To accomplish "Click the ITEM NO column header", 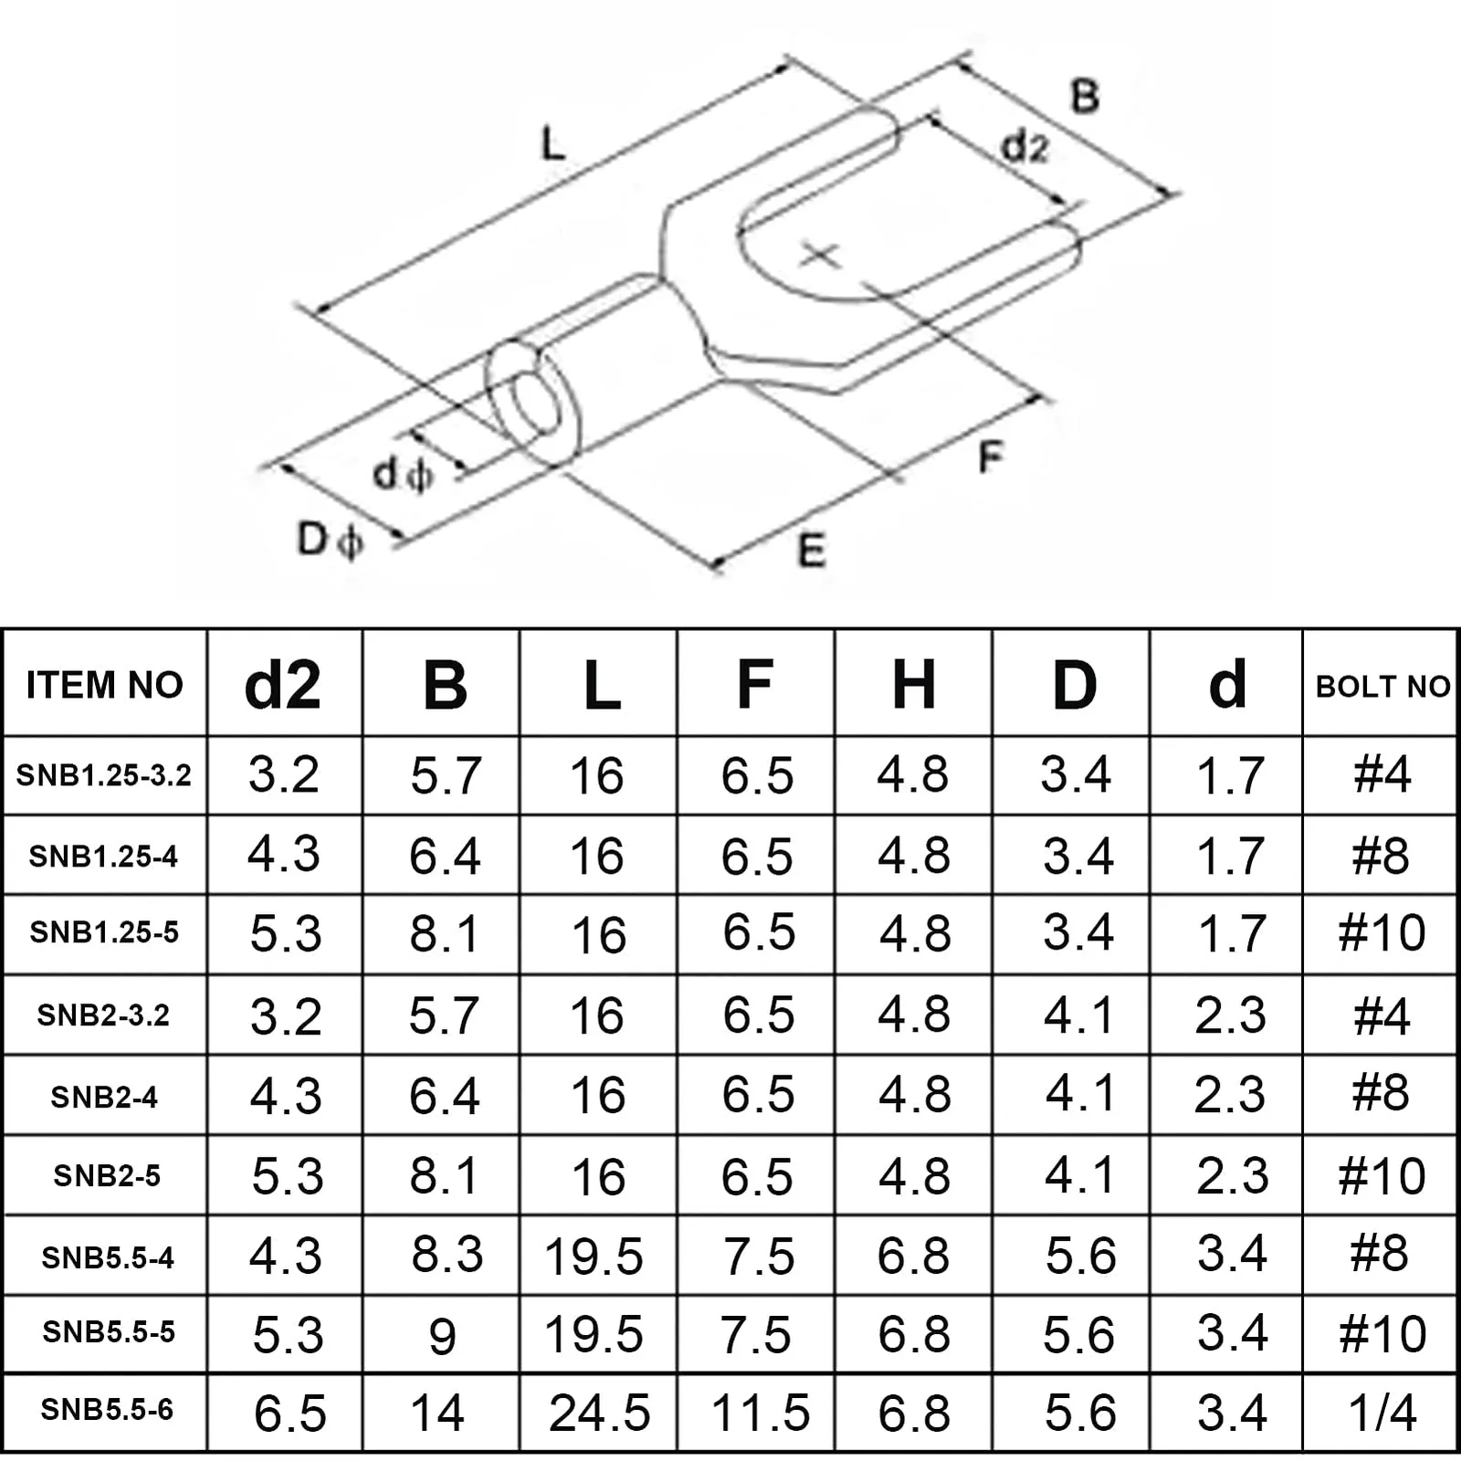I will (104, 685).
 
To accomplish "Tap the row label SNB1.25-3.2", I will (104, 775).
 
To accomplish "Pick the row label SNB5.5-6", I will (107, 1410).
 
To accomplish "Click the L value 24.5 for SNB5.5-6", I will (599, 1413).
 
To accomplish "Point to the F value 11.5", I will (760, 1413).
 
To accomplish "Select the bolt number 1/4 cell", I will (1382, 1413).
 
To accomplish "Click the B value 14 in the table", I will (437, 1413).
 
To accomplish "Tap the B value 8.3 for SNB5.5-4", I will (447, 1255).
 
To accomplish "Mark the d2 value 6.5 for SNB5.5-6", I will (289, 1414).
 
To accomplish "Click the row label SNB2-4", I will (104, 1097).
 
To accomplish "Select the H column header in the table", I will (913, 684).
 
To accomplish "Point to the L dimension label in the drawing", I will (553, 144).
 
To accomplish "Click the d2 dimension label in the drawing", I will (1025, 146).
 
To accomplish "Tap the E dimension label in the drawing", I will (811, 551).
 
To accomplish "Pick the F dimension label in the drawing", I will (990, 457).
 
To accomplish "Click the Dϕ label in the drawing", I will (330, 540).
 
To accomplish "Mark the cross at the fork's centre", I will (820, 255).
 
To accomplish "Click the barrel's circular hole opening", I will (535, 402).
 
